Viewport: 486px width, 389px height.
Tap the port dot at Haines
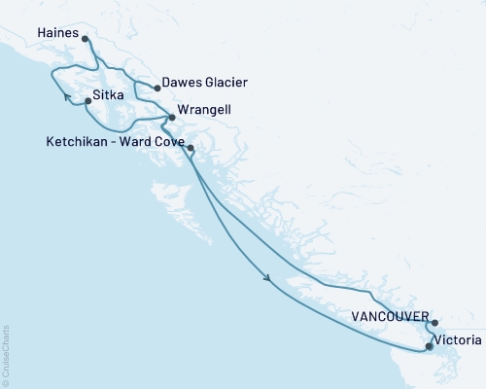(x=86, y=40)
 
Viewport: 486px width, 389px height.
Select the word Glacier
(x=227, y=83)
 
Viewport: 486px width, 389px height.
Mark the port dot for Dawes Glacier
(x=157, y=88)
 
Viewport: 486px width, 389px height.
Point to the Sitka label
(x=107, y=98)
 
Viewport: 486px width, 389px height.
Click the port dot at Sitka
(x=87, y=98)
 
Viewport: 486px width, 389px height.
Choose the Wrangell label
(x=205, y=111)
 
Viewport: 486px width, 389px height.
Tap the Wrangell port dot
(x=172, y=118)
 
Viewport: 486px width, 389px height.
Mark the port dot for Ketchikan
(x=191, y=148)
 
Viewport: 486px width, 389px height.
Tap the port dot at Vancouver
(x=434, y=323)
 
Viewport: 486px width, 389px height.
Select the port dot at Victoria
(x=429, y=345)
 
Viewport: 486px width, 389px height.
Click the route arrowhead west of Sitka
(x=68, y=97)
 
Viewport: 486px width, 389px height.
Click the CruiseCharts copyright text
(x=6, y=355)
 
